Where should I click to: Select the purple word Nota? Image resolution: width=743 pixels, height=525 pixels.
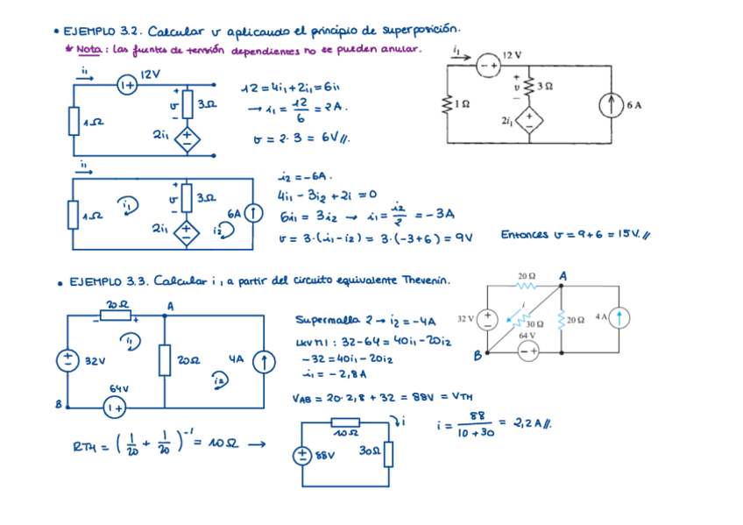(88, 50)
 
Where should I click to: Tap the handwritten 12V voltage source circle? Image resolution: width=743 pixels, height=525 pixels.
(127, 85)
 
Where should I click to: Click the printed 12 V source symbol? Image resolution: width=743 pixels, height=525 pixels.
(488, 64)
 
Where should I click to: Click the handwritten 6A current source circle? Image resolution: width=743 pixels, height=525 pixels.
(252, 213)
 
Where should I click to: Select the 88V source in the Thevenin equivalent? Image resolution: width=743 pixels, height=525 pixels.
(301, 456)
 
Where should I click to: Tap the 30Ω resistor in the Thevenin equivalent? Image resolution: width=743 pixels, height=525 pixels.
(388, 454)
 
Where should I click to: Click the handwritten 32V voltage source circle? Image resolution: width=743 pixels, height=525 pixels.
(67, 360)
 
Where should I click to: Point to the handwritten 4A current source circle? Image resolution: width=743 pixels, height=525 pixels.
(262, 360)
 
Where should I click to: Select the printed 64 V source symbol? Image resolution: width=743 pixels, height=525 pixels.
(527, 351)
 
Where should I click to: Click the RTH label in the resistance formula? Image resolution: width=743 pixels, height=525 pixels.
(87, 448)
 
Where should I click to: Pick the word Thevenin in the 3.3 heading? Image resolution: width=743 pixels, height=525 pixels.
(426, 280)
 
